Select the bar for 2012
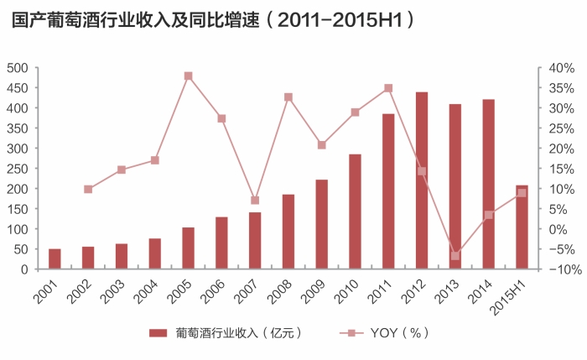(422, 180)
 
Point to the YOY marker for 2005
(188, 76)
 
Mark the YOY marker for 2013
(455, 256)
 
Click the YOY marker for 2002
(88, 190)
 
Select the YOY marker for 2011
(388, 88)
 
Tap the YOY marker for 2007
(255, 201)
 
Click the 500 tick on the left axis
(18, 68)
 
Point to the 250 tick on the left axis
(18, 169)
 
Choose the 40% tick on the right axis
(560, 68)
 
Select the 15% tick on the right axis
(560, 169)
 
